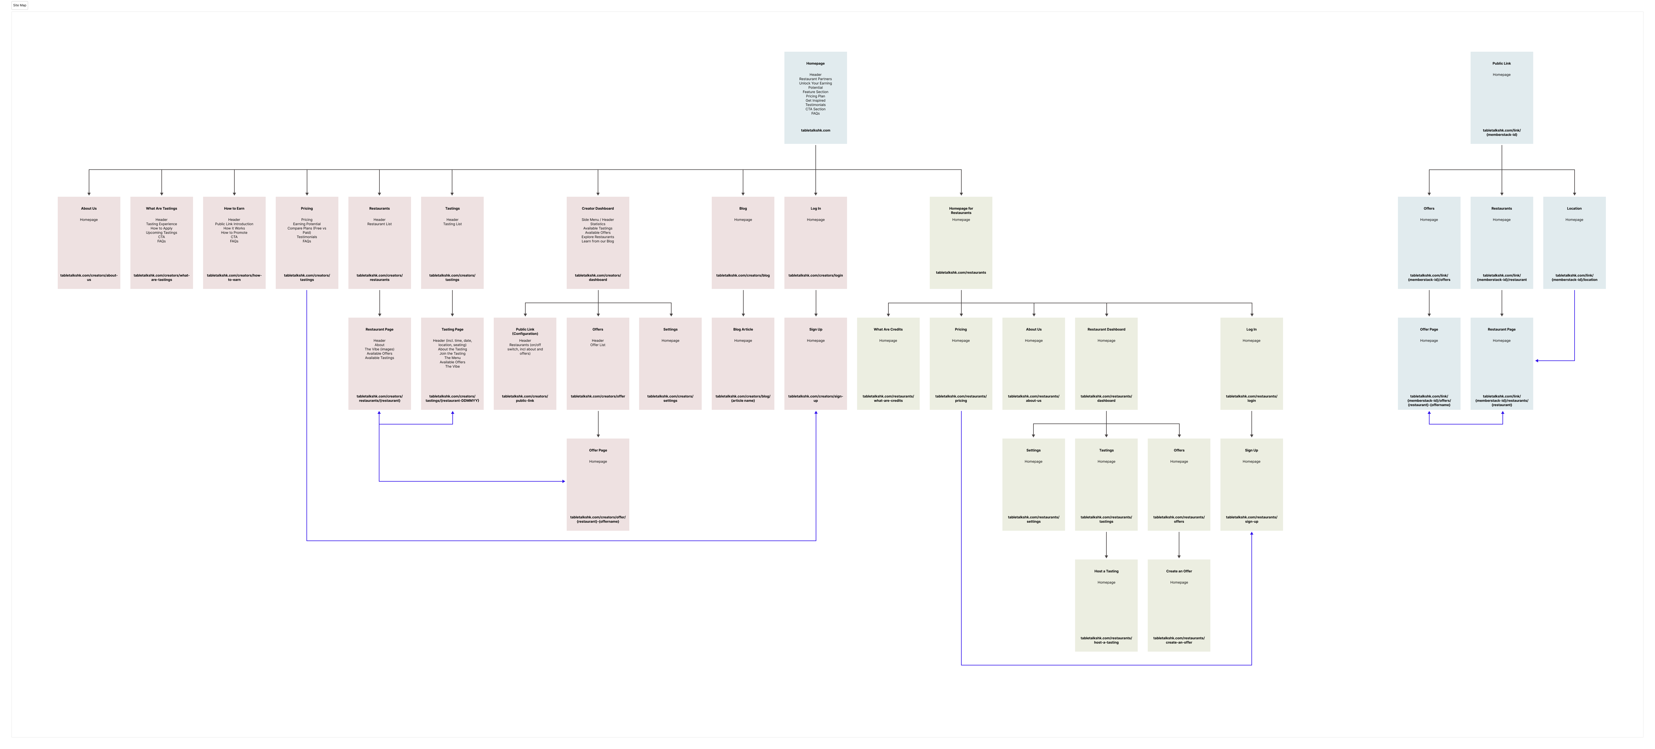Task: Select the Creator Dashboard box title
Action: click(597, 208)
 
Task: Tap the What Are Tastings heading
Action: click(161, 208)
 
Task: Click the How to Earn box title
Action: click(234, 208)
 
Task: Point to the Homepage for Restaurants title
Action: click(960, 210)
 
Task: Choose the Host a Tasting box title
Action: click(1106, 571)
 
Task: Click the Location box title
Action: click(1573, 208)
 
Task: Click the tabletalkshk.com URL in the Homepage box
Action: click(815, 130)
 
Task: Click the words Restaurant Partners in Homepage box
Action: click(815, 79)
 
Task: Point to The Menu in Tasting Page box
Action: click(452, 358)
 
